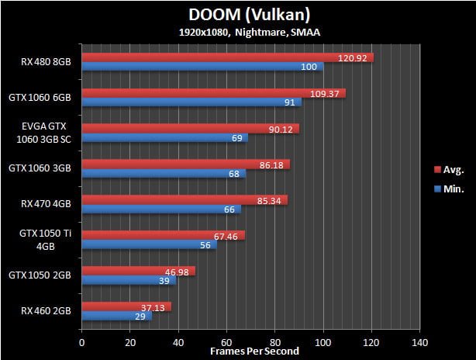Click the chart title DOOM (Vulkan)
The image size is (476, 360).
[x=238, y=15]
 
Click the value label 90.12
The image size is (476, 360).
[x=281, y=129]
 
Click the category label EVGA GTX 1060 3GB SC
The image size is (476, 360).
[x=47, y=133]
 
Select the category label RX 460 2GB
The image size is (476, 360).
[x=46, y=311]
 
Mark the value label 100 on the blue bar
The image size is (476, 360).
[x=309, y=67]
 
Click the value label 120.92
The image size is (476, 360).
[x=354, y=57]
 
